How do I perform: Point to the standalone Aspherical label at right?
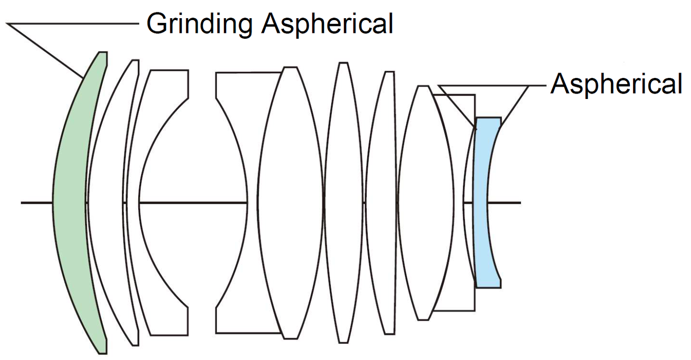(616, 85)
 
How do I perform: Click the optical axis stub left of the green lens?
(36, 203)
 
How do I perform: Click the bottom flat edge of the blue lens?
(488, 287)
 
